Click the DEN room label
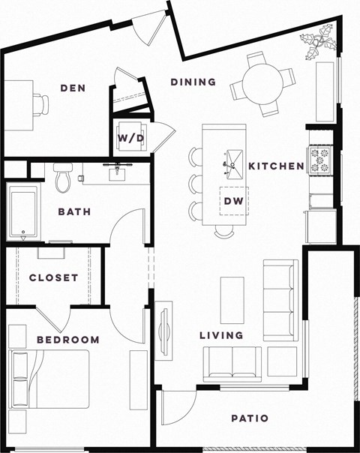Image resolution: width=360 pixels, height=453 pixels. click(x=73, y=88)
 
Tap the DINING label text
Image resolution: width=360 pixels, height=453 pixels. click(x=193, y=82)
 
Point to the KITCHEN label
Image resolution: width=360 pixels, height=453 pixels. click(x=275, y=165)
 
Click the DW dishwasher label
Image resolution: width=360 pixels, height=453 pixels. click(x=232, y=201)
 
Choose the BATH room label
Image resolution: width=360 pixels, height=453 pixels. click(x=74, y=211)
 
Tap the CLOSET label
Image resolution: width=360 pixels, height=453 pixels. click(x=53, y=277)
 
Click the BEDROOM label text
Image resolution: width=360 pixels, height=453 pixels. click(x=68, y=340)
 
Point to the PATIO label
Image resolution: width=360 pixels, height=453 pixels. click(x=250, y=418)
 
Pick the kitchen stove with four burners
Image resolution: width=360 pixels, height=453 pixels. click(x=319, y=159)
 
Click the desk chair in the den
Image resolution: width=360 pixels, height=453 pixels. click(x=41, y=104)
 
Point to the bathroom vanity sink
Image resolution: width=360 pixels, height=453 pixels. click(x=116, y=174)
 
